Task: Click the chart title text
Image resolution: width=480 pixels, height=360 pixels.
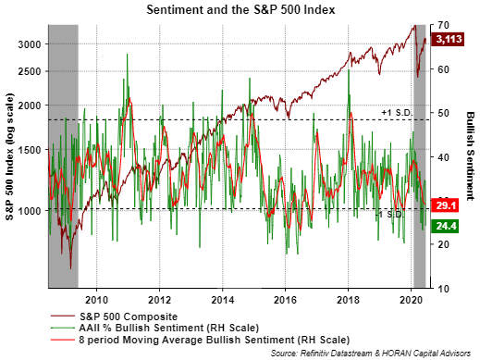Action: pyautogui.click(x=240, y=9)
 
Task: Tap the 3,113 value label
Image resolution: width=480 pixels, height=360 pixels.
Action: pyautogui.click(x=449, y=39)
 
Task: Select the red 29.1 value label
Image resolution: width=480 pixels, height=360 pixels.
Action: pyautogui.click(x=446, y=205)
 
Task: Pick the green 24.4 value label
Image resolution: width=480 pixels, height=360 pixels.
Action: pyautogui.click(x=446, y=226)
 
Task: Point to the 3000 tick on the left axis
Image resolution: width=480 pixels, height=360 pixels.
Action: pyautogui.click(x=30, y=44)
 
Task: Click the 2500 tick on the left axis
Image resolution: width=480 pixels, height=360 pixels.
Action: pyautogui.click(x=30, y=71)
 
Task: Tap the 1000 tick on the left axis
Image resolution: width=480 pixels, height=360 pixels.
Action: pyautogui.click(x=30, y=211)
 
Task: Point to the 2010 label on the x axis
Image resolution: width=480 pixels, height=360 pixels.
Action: pyautogui.click(x=96, y=300)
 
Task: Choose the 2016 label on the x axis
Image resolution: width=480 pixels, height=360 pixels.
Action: pyautogui.click(x=285, y=300)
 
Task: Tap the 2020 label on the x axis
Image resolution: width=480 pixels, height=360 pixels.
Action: pyautogui.click(x=411, y=300)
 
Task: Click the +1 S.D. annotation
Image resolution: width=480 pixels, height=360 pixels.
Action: pyautogui.click(x=397, y=113)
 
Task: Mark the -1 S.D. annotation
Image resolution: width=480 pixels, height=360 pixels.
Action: pyautogui.click(x=389, y=215)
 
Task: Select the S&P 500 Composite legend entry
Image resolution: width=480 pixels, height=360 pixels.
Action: pyautogui.click(x=115, y=317)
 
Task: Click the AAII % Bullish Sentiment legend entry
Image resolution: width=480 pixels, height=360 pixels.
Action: pyautogui.click(x=155, y=328)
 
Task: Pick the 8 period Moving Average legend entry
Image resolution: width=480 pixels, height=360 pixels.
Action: pyautogui.click(x=201, y=340)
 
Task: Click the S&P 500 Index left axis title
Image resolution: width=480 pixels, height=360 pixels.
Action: pyautogui.click(x=9, y=156)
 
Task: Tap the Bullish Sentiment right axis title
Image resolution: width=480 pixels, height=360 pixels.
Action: pyautogui.click(x=470, y=155)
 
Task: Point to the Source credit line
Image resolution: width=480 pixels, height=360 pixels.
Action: pyautogui.click(x=371, y=354)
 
